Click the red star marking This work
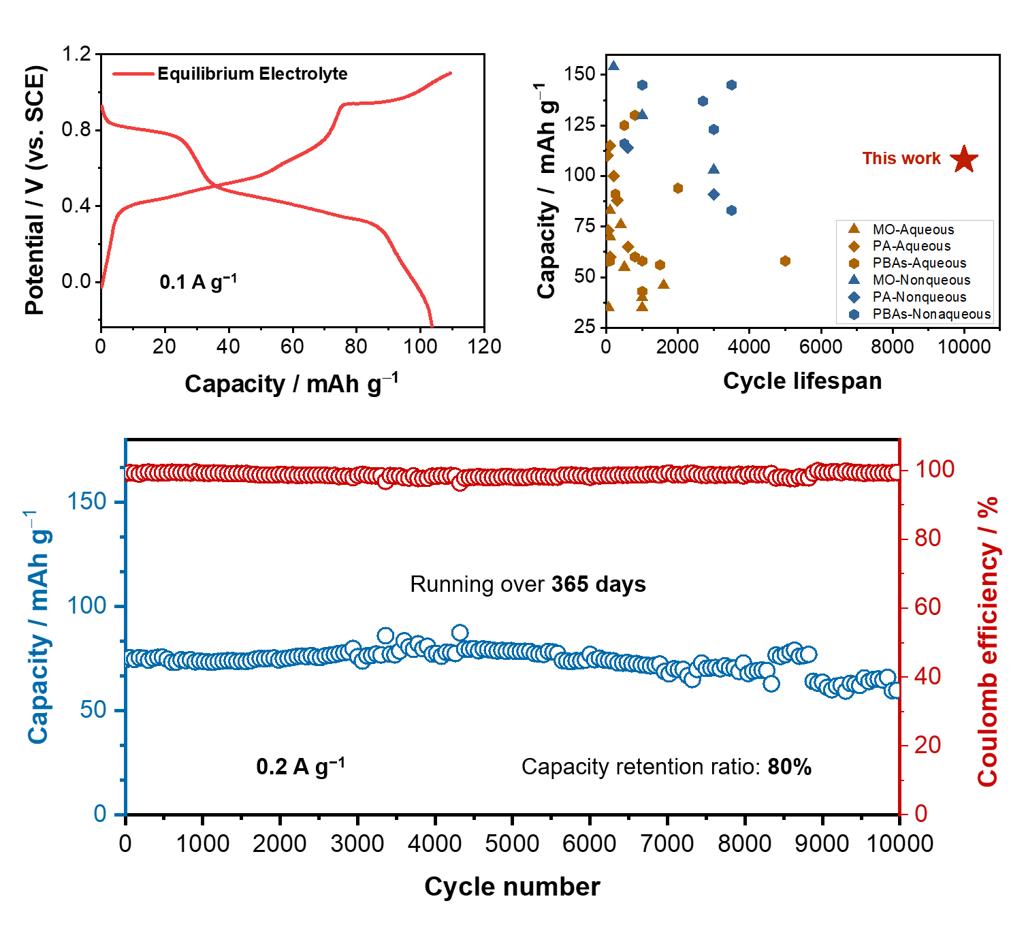tap(964, 159)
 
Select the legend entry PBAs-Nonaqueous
tap(931, 314)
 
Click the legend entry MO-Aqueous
tap(912, 230)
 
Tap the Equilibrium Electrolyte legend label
tap(252, 74)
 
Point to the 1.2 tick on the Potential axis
tap(76, 54)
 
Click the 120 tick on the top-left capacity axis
tap(484, 347)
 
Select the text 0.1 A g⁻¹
tap(198, 281)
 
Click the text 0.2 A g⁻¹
tap(300, 767)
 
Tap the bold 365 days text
tap(598, 584)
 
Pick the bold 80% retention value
tap(790, 767)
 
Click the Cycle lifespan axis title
tap(802, 381)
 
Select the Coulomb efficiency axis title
tap(988, 640)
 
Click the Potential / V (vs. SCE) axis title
tap(35, 190)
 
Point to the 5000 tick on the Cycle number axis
tap(512, 844)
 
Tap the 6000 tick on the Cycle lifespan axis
tap(820, 347)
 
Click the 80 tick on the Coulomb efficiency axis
tap(928, 538)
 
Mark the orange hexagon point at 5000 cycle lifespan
tap(785, 261)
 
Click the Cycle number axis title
tap(512, 887)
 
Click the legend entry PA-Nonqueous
tap(918, 297)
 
